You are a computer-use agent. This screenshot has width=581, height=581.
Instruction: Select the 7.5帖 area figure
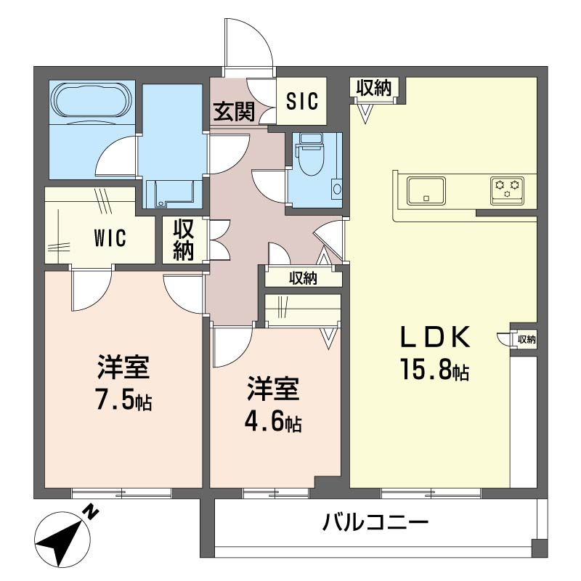(124, 400)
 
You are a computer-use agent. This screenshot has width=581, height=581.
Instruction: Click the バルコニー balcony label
(375, 522)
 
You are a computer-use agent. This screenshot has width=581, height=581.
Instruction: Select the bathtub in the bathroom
(91, 100)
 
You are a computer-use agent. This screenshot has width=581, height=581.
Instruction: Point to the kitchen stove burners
(507, 188)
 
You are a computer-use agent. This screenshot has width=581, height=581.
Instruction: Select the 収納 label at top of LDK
(374, 88)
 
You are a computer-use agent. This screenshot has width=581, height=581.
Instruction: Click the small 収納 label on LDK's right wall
(527, 338)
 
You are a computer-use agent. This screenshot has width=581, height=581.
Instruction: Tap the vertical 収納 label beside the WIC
(184, 240)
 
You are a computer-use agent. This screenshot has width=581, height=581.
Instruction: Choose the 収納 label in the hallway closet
(303, 277)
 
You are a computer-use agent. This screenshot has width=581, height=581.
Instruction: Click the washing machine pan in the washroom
(171, 193)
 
